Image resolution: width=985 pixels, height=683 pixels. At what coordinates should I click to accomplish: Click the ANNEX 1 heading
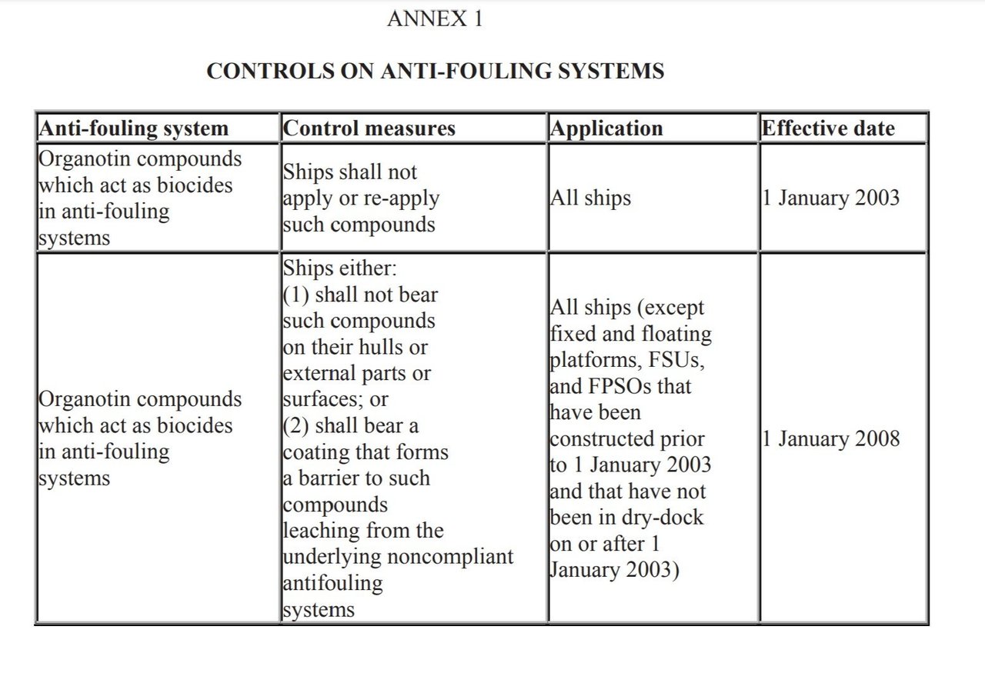click(435, 18)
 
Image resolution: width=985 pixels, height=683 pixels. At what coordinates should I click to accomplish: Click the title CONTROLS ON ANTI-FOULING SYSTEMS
click(435, 72)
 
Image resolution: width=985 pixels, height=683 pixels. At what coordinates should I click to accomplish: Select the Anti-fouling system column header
click(133, 128)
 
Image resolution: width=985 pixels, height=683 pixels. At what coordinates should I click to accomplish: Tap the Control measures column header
click(369, 128)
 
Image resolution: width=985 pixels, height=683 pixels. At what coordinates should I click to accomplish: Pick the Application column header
click(606, 128)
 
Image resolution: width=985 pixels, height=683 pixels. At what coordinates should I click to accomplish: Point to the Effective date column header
click(828, 128)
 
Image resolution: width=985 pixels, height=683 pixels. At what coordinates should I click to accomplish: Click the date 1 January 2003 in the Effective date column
click(830, 198)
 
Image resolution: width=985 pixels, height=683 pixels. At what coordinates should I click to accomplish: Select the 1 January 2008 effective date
click(830, 439)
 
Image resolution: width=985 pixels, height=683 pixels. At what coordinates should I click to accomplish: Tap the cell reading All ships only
click(590, 198)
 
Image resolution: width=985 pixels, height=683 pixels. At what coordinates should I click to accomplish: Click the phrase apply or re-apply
click(361, 198)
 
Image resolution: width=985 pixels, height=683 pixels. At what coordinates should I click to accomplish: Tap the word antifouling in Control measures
click(332, 583)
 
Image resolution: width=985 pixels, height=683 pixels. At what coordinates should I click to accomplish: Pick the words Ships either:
click(338, 269)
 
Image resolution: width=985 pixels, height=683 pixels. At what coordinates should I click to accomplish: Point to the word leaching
click(322, 531)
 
